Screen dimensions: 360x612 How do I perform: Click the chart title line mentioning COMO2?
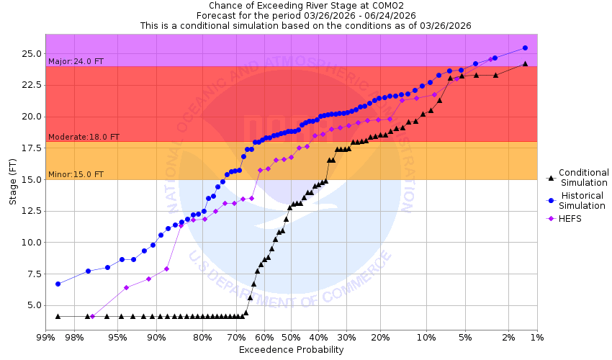click(x=305, y=5)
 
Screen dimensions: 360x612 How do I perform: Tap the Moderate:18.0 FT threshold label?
click(x=84, y=137)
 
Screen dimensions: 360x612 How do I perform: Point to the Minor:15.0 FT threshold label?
click(x=76, y=174)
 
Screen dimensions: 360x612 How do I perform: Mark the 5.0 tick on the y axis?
click(x=35, y=305)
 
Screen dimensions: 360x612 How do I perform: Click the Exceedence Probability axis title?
click(x=291, y=350)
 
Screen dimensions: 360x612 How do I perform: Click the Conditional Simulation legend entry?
click(x=583, y=177)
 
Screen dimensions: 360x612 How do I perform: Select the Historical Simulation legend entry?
click(x=583, y=200)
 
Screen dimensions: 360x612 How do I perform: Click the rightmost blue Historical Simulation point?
click(x=525, y=48)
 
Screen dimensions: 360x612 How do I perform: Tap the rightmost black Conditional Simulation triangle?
click(x=525, y=63)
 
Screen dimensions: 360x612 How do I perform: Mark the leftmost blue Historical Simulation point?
click(x=58, y=284)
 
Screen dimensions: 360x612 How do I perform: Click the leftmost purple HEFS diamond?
click(x=92, y=316)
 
